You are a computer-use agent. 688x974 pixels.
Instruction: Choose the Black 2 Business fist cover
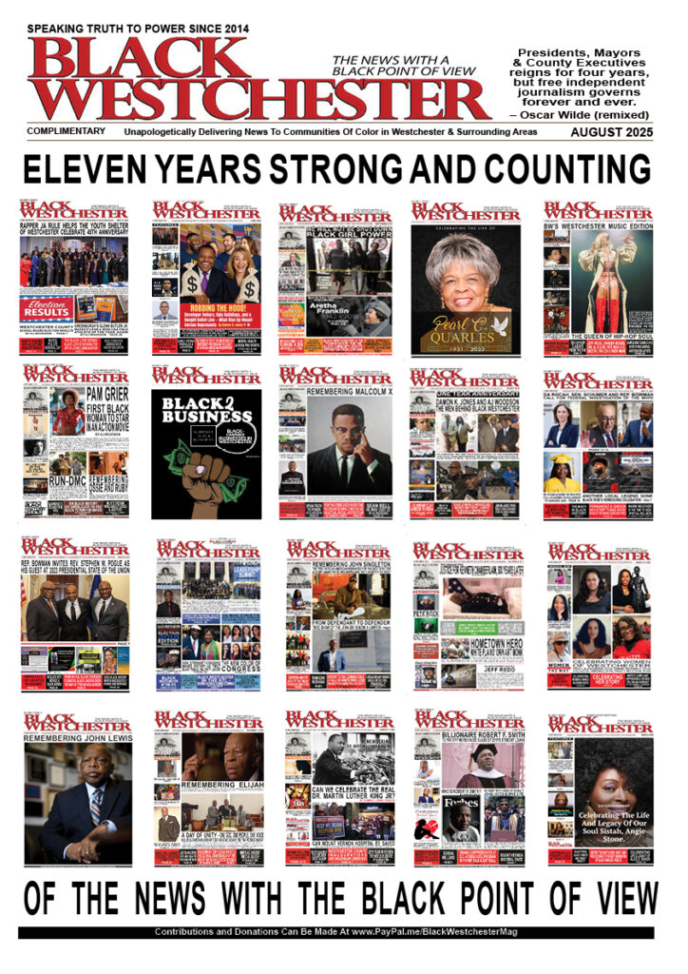point(206,442)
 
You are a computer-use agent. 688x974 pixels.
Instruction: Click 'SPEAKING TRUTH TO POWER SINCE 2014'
point(138,29)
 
